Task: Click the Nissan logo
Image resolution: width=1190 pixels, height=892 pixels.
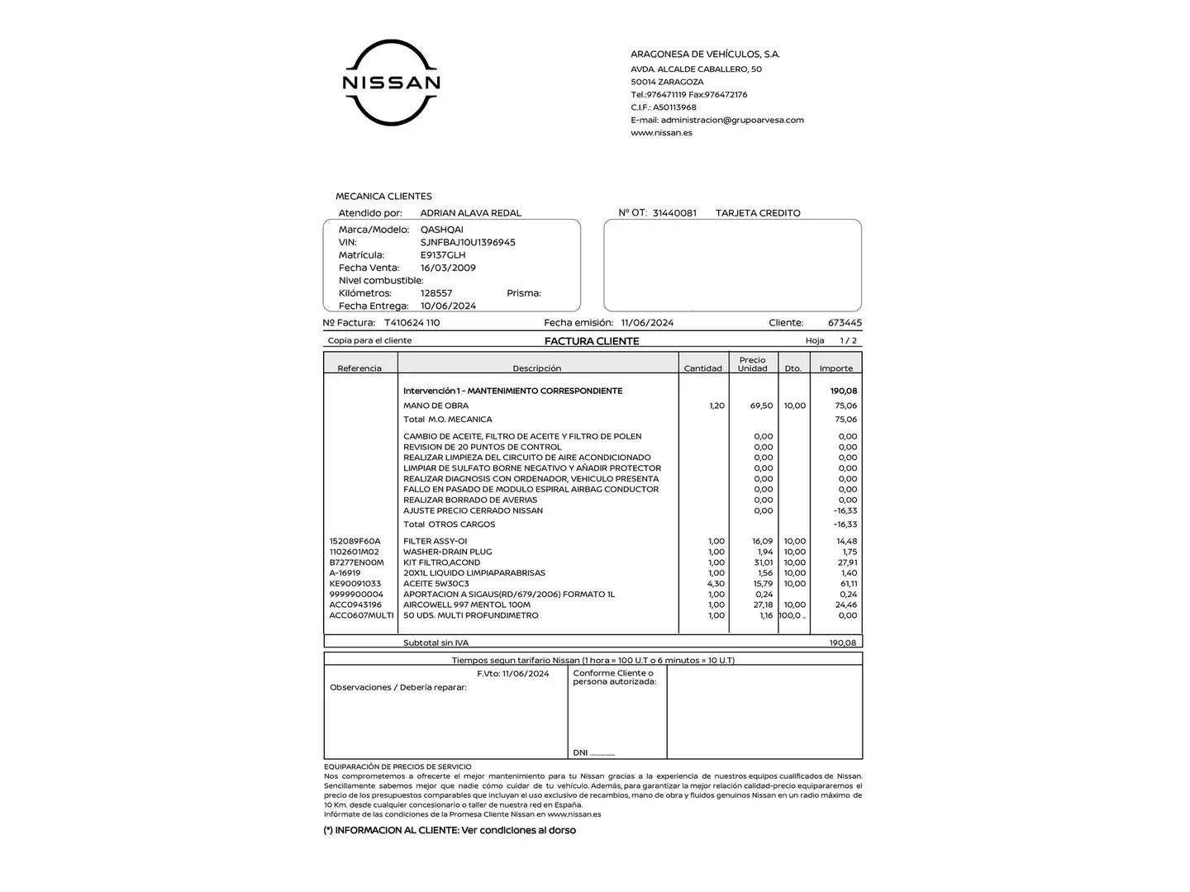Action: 391,83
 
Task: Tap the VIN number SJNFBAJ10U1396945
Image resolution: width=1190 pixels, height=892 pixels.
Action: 468,242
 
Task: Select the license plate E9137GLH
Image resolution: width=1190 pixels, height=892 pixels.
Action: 443,255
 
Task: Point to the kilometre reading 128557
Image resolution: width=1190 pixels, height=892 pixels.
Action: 436,293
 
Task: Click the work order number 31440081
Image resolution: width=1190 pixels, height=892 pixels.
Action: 674,213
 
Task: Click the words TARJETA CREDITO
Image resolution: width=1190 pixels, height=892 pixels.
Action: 758,213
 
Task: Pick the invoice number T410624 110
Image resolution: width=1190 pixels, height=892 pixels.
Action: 412,323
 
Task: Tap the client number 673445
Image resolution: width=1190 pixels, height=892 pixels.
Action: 845,323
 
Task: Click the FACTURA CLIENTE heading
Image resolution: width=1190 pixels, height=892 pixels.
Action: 592,341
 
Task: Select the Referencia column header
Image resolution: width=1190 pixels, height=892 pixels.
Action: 359,368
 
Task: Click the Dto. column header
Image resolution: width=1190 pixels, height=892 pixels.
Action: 793,368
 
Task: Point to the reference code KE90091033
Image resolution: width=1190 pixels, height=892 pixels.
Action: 355,584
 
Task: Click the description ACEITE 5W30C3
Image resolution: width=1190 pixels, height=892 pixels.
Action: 436,584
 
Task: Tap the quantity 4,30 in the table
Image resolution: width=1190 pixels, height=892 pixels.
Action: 716,584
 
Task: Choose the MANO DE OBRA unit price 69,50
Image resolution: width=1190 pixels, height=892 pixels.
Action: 761,406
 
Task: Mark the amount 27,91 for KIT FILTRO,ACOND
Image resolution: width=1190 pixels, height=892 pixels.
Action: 847,562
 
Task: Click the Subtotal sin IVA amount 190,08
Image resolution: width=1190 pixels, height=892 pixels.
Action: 843,643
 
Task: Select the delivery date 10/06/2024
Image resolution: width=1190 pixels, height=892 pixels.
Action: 448,306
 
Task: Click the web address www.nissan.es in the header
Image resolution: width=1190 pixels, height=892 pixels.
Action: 661,133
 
